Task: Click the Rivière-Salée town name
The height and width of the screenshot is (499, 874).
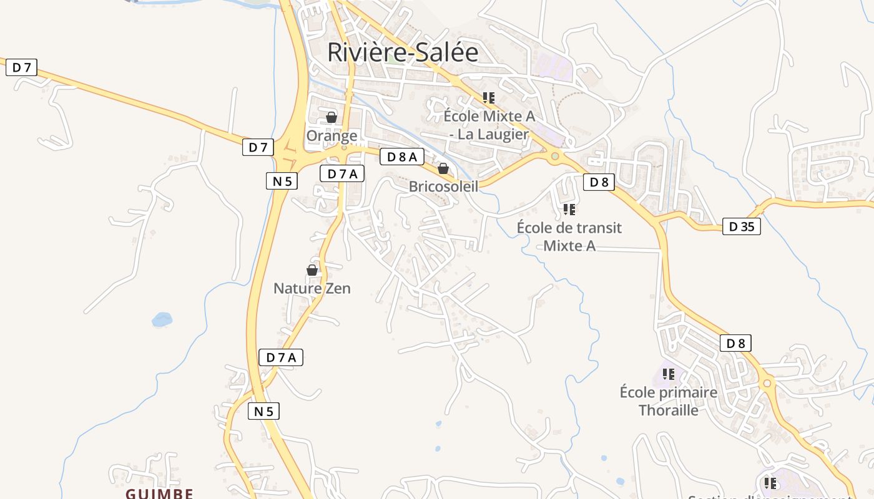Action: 403,52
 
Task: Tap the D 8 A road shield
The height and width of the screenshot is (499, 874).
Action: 401,157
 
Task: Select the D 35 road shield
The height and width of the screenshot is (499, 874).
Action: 742,226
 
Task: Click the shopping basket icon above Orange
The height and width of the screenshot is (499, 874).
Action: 331,117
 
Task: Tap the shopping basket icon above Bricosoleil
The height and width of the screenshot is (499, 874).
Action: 443,168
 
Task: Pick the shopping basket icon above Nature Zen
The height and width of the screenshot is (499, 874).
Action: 312,270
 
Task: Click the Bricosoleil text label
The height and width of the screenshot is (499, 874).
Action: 443,187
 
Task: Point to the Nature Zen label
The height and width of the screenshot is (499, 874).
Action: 312,288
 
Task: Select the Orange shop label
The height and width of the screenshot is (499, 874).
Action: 331,135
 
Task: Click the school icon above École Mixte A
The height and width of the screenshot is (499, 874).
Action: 488,98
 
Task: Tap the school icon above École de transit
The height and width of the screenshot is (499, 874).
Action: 569,210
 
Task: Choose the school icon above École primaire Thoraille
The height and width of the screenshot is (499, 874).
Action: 669,374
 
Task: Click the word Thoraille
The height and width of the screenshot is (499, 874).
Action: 668,410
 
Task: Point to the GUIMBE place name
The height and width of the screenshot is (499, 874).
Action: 159,493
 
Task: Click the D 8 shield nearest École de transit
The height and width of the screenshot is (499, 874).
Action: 599,182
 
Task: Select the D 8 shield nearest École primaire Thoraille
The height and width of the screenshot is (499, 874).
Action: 735,343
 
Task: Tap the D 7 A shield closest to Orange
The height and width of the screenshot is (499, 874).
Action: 342,174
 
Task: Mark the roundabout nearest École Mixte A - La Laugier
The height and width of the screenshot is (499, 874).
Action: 554,157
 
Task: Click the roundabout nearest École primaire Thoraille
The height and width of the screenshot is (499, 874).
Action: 767,383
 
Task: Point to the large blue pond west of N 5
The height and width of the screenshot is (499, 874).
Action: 162,319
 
